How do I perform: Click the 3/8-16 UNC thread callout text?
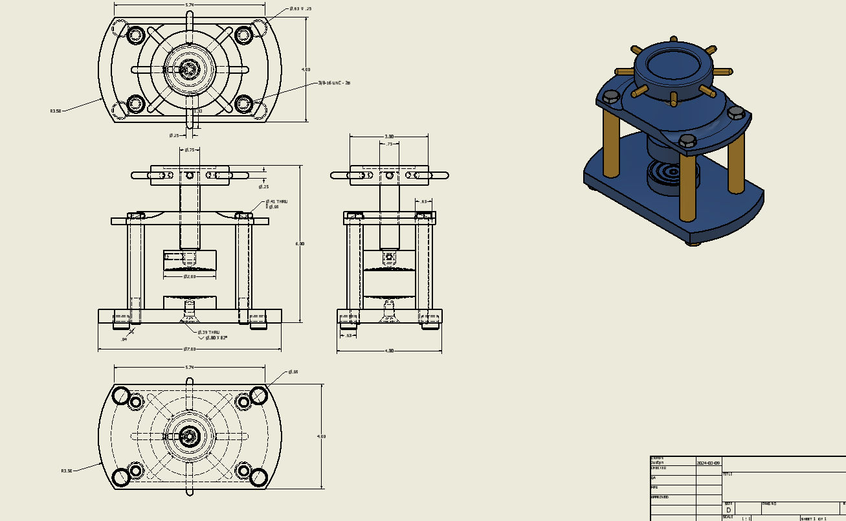[334, 83]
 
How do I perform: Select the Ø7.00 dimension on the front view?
[189, 349]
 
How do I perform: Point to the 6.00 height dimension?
[300, 243]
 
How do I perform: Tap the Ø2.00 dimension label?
[189, 276]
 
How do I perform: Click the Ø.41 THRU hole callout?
[276, 202]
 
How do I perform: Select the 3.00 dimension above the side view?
[389, 137]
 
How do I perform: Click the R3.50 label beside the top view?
[56, 111]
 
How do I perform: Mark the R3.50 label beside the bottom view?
[66, 471]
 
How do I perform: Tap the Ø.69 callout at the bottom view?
[293, 371]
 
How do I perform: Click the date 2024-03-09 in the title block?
[707, 463]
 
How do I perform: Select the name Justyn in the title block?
[657, 463]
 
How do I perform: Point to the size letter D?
[728, 510]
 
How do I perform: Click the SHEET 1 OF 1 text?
[814, 518]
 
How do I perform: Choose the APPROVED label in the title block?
[660, 497]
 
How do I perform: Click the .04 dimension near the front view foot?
[124, 339]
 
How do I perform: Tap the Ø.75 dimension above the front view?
[190, 150]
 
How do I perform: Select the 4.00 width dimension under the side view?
[389, 351]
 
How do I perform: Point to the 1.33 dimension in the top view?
[199, 111]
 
